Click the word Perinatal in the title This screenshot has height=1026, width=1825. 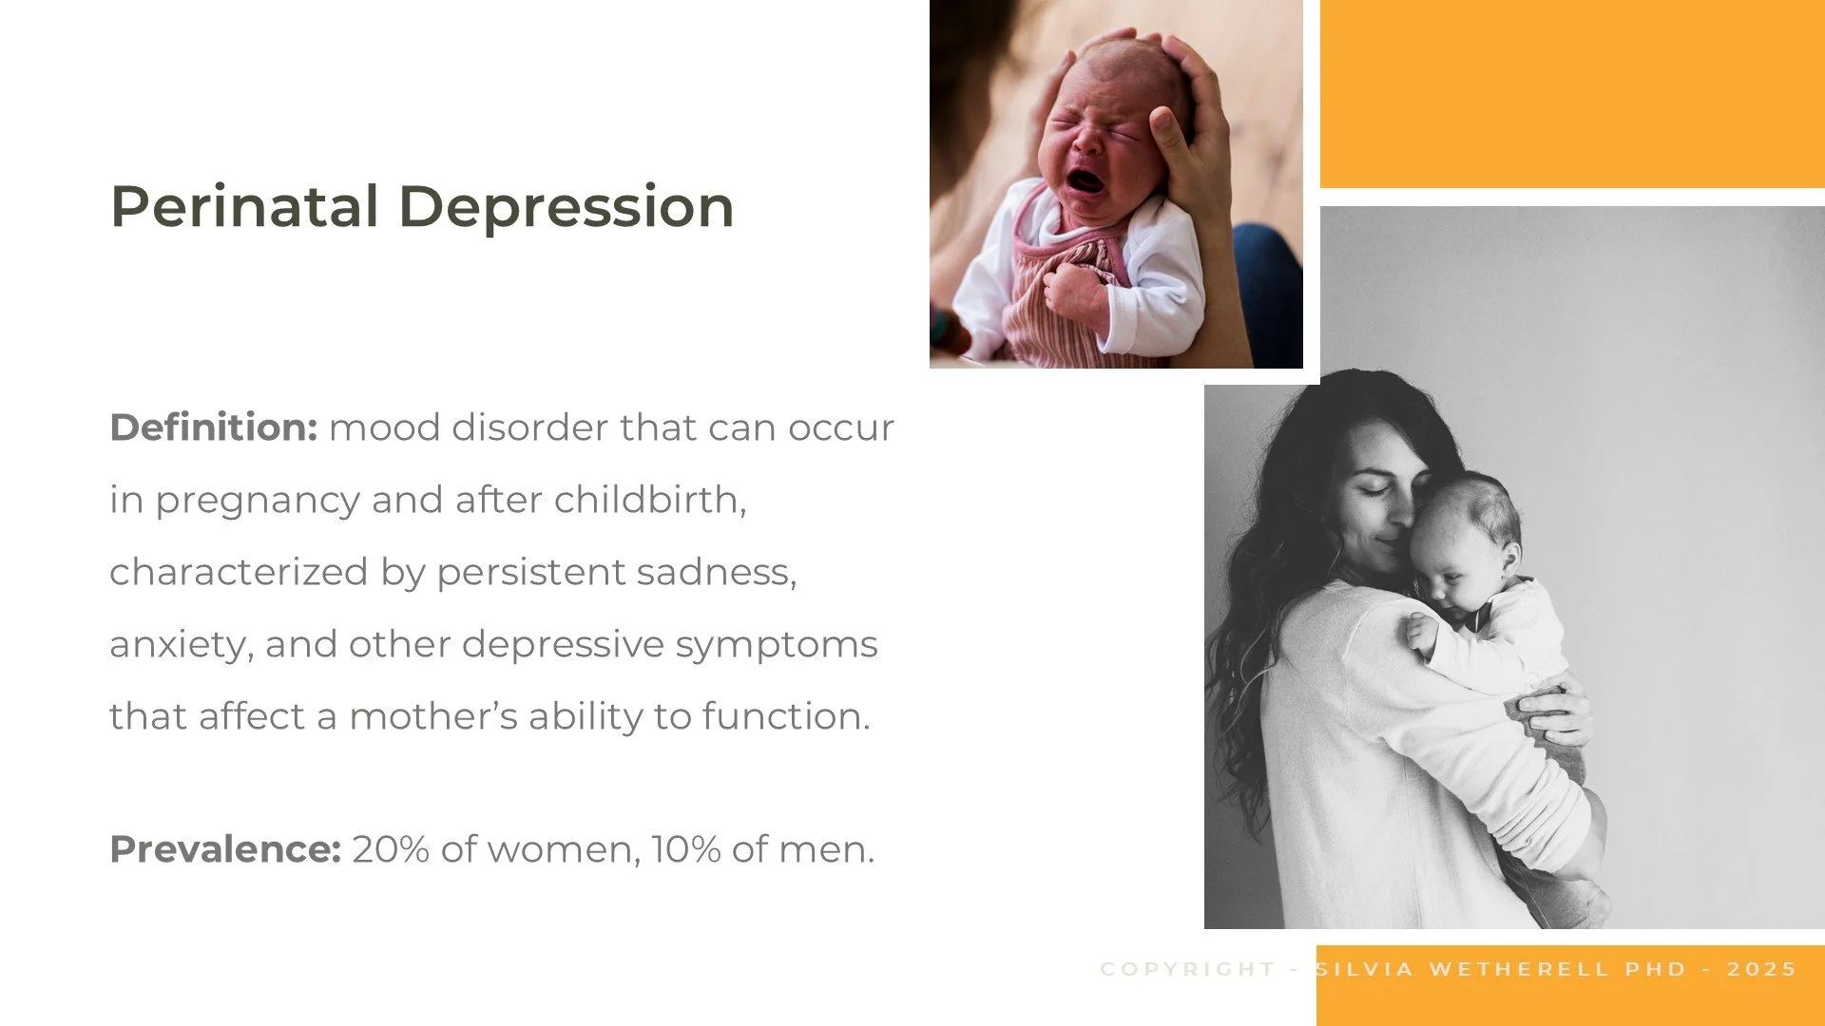click(244, 207)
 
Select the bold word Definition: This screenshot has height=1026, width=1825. click(213, 427)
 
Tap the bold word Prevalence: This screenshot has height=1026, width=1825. click(225, 849)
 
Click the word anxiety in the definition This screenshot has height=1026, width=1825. click(181, 645)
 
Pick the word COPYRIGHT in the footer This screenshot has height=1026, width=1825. click(1187, 969)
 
